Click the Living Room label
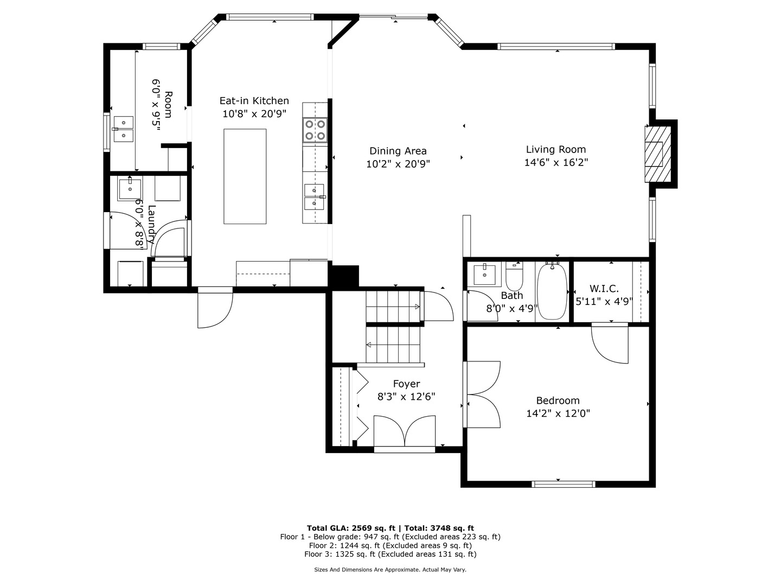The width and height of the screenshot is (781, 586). click(555, 150)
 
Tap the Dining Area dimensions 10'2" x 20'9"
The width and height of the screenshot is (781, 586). click(398, 164)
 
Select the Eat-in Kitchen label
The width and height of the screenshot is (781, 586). click(254, 101)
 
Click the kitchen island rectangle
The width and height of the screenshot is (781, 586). click(245, 176)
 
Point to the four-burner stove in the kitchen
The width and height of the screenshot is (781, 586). click(315, 130)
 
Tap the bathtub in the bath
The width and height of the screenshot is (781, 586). click(552, 292)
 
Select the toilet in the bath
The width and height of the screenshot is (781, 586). click(514, 277)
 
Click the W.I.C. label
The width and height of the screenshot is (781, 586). click(604, 289)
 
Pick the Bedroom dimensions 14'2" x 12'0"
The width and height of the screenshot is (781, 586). click(558, 413)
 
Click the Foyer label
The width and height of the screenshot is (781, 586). click(406, 384)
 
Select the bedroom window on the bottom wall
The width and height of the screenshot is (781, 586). click(563, 484)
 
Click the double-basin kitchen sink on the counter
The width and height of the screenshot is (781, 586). click(314, 196)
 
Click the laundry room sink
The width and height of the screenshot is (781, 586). click(130, 190)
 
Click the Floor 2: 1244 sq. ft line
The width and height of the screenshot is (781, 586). click(390, 545)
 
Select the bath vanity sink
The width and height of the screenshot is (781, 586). click(484, 275)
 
